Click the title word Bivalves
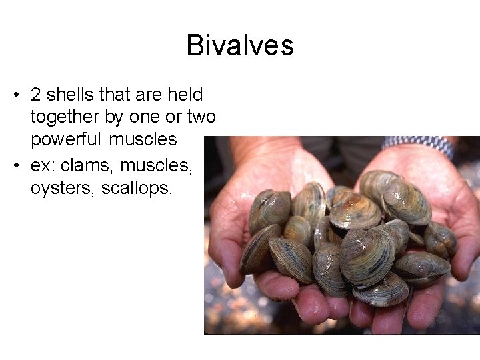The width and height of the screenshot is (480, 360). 240,45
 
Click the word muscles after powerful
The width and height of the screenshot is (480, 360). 143,139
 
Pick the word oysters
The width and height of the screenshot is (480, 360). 63,189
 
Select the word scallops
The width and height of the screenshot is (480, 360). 137,189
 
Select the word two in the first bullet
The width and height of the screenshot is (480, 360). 201,117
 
